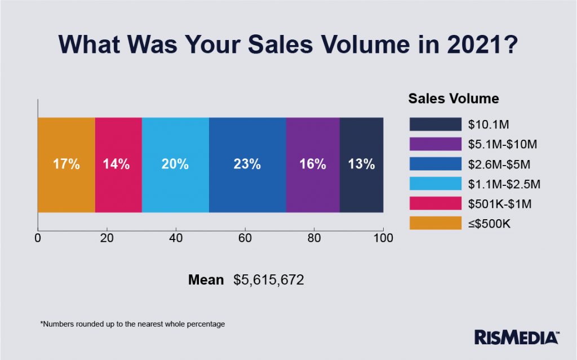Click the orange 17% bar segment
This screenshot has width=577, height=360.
tap(66, 165)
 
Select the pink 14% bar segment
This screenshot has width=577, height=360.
tap(118, 165)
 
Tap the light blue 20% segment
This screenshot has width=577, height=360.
tap(175, 165)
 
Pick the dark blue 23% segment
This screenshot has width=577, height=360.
tap(247, 165)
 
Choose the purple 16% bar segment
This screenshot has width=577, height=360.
tap(313, 165)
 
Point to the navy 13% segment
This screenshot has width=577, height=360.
tap(361, 165)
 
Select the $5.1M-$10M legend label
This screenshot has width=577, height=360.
tap(502, 144)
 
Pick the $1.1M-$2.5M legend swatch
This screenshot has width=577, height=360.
tap(435, 184)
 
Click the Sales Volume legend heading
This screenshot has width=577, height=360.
tap(454, 99)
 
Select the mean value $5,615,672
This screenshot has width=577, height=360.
tap(269, 280)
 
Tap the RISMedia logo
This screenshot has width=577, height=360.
tap(517, 337)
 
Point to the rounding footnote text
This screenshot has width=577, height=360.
tap(132, 325)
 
